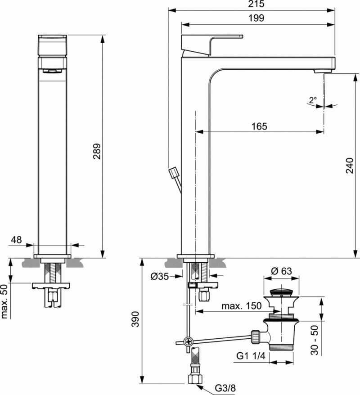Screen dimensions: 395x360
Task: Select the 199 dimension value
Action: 255,18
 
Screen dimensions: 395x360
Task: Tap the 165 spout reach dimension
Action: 259,126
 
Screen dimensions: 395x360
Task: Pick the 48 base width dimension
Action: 17,240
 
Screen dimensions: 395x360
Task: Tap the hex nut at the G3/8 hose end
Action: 194,379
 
